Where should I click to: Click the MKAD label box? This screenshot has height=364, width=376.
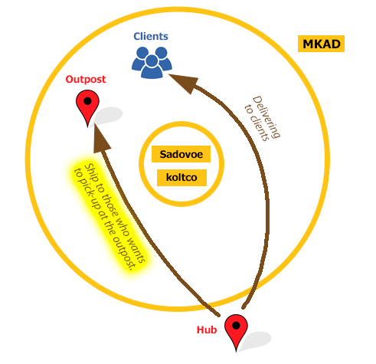pos(321,44)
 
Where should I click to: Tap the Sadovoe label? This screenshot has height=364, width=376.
pos(181,154)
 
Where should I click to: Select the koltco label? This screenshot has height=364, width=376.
pos(181,178)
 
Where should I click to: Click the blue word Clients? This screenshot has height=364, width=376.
pos(151,36)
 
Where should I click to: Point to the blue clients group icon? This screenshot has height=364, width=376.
pos(152,62)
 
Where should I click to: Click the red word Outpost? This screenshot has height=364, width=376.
pos(86,80)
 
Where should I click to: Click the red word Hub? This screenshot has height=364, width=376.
pos(207,330)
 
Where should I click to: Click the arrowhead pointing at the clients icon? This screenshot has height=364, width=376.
pos(185,82)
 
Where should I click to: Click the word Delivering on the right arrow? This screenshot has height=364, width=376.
pos(266,117)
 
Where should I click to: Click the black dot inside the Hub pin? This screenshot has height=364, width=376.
pos(236,326)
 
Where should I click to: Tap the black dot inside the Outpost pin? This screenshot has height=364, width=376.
pos(87,101)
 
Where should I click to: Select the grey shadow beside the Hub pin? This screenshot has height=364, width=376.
pos(255,341)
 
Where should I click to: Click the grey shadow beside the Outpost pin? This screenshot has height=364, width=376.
pos(108,116)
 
